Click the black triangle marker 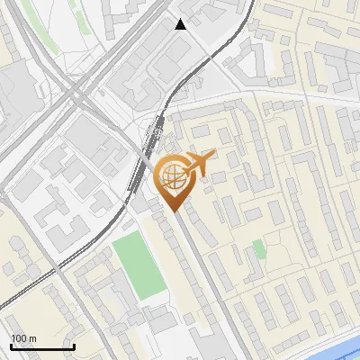coord(181,24)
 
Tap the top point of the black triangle coord(181,19)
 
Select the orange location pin coord(173,180)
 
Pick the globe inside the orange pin coord(171,174)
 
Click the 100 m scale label coord(23,338)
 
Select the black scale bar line coord(42,346)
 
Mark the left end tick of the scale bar coord(12,345)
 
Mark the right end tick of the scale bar coord(74,345)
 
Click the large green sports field coord(139,264)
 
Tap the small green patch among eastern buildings coord(259,247)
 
